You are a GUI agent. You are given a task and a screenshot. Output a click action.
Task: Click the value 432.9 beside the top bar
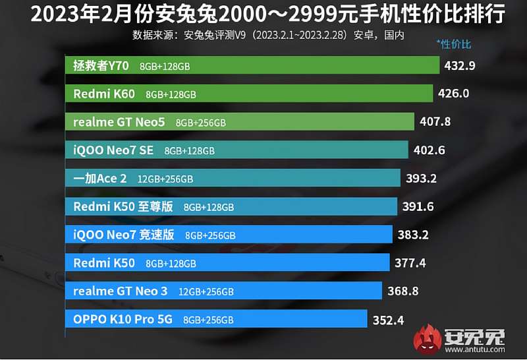coord(460,65)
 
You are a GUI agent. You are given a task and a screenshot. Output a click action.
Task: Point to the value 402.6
coord(430,150)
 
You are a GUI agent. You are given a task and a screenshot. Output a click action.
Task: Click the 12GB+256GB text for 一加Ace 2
coord(165,179)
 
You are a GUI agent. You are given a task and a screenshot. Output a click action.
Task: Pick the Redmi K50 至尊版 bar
coord(231,206)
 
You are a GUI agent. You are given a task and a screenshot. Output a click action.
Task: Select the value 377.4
coord(410,263)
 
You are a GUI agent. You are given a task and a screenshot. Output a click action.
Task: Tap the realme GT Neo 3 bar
coord(223,291)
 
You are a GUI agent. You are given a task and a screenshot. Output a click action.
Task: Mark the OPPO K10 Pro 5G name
coord(123,319)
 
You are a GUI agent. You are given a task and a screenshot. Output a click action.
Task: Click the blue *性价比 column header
coord(454,45)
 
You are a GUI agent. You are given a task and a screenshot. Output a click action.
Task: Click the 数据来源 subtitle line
coord(268,34)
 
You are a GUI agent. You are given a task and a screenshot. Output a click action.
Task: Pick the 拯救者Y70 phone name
coord(101,65)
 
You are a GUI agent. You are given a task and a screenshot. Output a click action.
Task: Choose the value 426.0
coord(453,94)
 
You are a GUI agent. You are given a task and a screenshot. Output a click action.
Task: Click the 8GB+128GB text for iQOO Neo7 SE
coord(190,151)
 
